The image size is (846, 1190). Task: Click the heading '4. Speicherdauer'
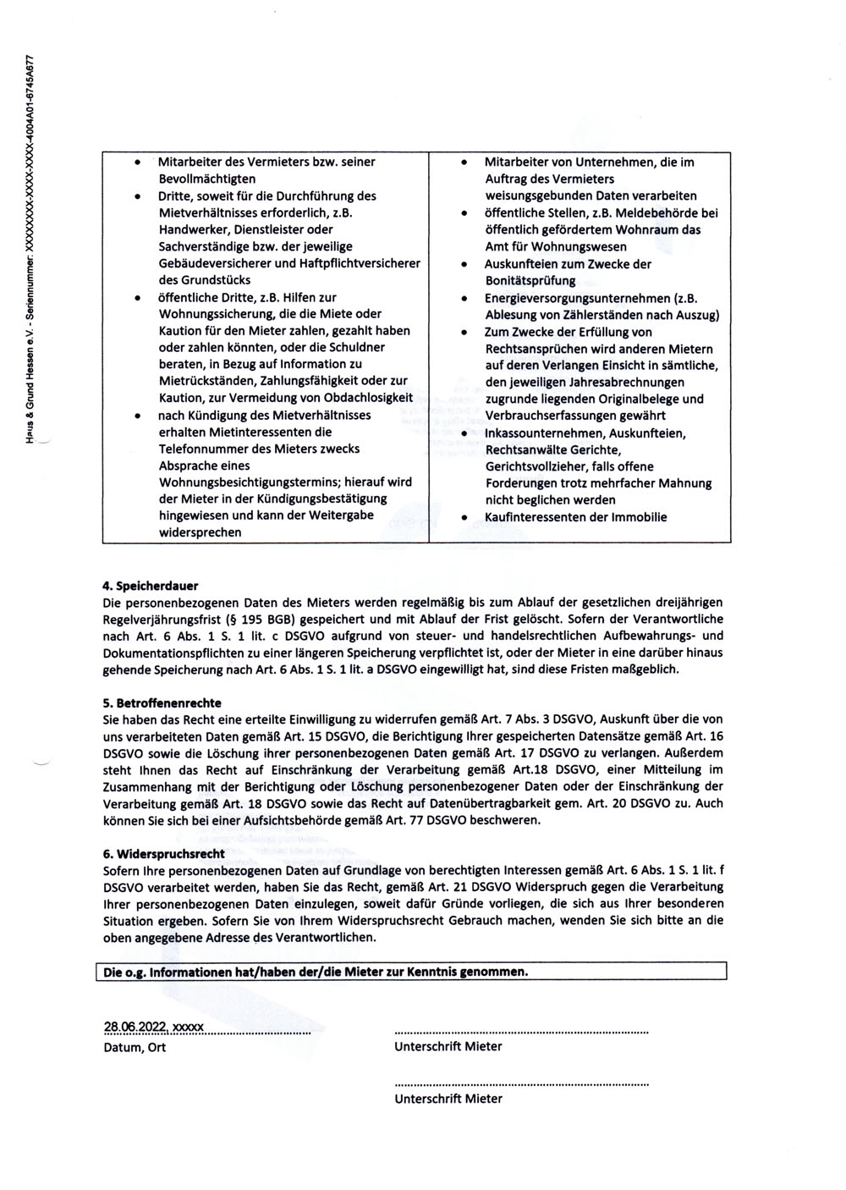pyautogui.click(x=150, y=585)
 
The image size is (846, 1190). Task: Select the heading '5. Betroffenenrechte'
pyautogui.click(x=162, y=702)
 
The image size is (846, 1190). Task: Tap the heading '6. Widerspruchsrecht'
pyautogui.click(x=163, y=853)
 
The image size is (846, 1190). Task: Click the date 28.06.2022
pyautogui.click(x=135, y=1027)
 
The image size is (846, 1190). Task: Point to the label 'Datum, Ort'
pyautogui.click(x=135, y=1047)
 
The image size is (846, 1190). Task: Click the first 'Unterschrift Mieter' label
pyautogui.click(x=448, y=1046)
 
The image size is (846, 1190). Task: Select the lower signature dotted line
pyautogui.click(x=521, y=1084)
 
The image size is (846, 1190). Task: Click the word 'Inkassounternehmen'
pyautogui.click(x=543, y=433)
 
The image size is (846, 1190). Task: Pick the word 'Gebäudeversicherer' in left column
pyautogui.click(x=213, y=263)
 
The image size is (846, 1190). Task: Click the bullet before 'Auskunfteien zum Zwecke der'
pyautogui.click(x=464, y=265)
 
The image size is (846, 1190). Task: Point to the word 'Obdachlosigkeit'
pyautogui.click(x=369, y=397)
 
